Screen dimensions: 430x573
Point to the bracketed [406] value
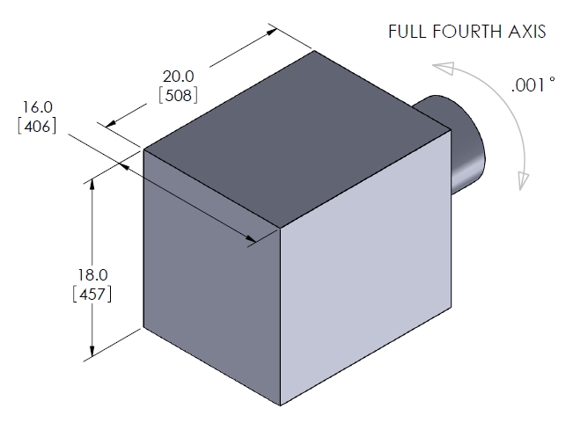37,126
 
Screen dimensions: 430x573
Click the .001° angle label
531,87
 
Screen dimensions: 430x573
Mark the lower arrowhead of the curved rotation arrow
523,181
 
